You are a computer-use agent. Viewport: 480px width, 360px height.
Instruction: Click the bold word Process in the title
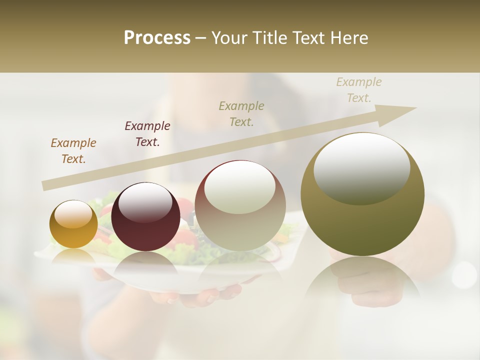[x=157, y=38]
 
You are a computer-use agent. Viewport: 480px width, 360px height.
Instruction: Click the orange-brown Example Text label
[x=73, y=151]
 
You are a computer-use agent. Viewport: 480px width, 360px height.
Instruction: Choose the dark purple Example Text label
[x=147, y=134]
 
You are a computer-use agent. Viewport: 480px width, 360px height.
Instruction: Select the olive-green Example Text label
[x=241, y=114]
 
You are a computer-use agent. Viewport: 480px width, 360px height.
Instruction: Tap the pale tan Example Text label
[x=359, y=90]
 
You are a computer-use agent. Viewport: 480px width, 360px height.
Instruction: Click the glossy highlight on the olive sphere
[x=361, y=167]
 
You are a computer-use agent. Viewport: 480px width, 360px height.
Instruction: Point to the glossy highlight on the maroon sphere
[x=145, y=202]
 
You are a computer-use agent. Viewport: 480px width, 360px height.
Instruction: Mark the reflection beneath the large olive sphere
[x=362, y=282]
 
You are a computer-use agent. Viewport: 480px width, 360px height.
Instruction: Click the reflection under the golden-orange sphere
[x=73, y=256]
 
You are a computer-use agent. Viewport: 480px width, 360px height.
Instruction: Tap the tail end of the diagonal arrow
[x=46, y=185]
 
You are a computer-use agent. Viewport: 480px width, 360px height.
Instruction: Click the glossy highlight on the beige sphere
[x=240, y=187]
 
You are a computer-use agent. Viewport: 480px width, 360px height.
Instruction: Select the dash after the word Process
[x=201, y=38]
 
